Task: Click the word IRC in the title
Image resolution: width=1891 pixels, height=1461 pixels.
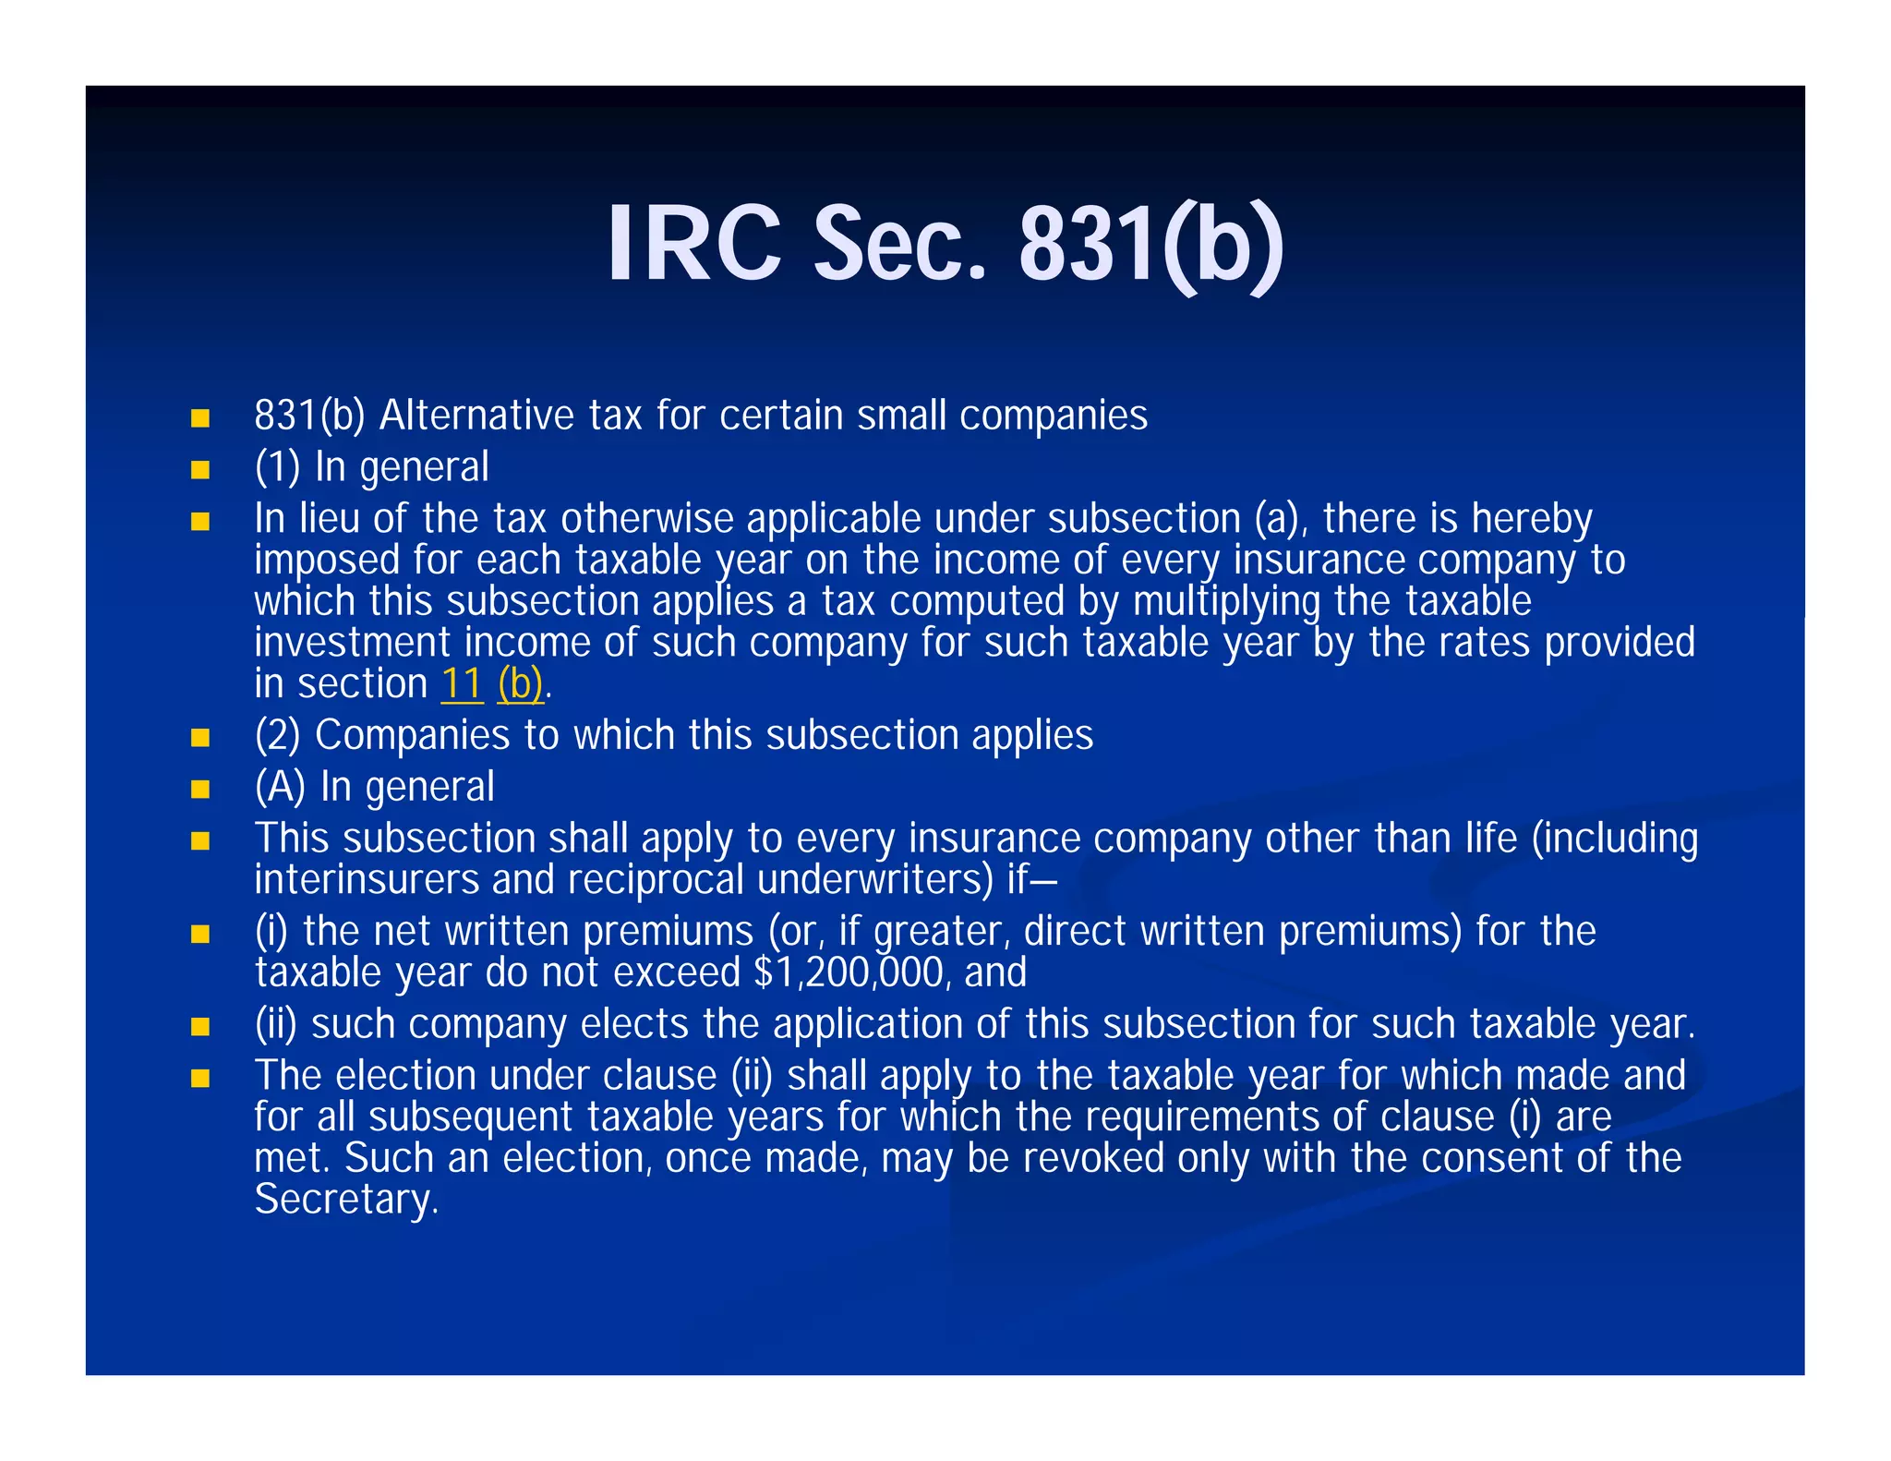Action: [693, 245]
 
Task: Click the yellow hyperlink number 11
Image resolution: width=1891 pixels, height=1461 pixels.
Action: [462, 684]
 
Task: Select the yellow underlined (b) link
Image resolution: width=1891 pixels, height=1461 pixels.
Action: [520, 684]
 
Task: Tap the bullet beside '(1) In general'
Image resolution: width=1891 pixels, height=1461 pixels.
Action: [200, 470]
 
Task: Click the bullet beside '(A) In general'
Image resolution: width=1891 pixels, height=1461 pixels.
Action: [200, 790]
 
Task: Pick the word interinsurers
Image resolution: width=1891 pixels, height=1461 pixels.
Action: [367, 880]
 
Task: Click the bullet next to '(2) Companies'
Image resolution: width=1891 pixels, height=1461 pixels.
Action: [200, 738]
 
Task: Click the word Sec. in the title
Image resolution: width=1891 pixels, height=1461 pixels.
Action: [899, 245]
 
